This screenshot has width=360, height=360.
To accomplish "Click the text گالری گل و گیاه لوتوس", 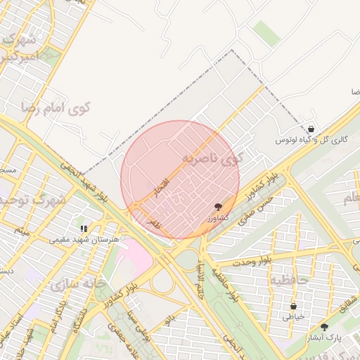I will click(311, 140).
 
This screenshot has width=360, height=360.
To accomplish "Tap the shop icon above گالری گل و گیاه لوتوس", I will click(311, 129).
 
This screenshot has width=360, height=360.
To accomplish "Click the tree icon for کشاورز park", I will click(219, 206).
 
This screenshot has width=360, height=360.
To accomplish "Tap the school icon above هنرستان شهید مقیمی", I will click(84, 228).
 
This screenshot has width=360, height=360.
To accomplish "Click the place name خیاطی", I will click(293, 317).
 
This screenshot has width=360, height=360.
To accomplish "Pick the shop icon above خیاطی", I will click(293, 307).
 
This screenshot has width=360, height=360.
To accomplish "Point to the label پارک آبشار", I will click(324, 337).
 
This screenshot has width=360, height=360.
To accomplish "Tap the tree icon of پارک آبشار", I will click(324, 327).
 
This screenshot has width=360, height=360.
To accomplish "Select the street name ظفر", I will click(153, 222).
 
